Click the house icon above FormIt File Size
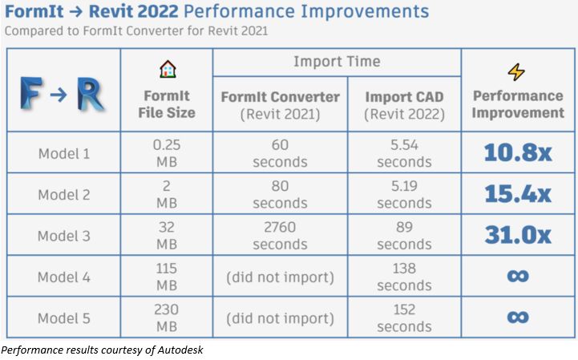pyautogui.click(x=167, y=68)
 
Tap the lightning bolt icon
pyautogui.click(x=517, y=72)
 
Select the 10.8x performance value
pyautogui.click(x=517, y=152)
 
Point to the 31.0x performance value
pyautogui.click(x=517, y=235)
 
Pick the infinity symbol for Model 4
pyautogui.click(x=517, y=277)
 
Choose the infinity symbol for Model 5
pyautogui.click(x=517, y=317)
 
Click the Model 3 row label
pyautogui.click(x=64, y=236)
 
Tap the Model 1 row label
pyautogui.click(x=64, y=153)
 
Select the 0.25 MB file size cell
pyautogui.click(x=167, y=153)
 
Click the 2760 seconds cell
pyautogui.click(x=280, y=236)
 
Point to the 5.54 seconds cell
pyautogui.click(x=404, y=153)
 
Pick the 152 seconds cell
pyautogui.click(x=404, y=318)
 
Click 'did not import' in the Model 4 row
pyautogui.click(x=280, y=277)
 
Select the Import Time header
pyautogui.click(x=337, y=62)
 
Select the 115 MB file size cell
pyautogui.click(x=167, y=277)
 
